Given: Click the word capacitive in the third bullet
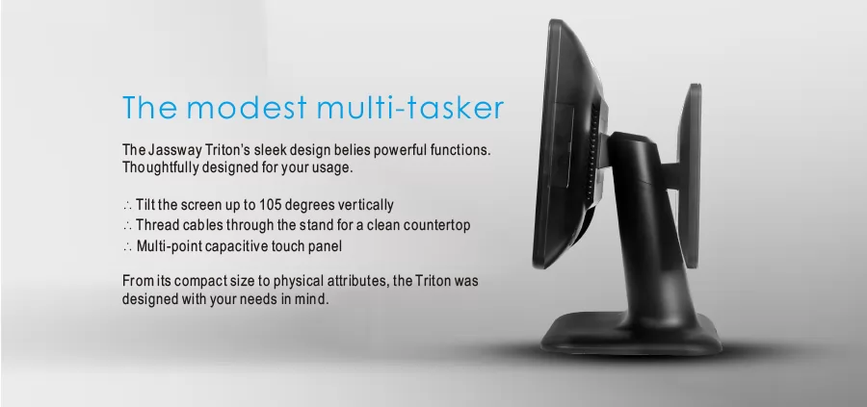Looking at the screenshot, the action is (228, 246).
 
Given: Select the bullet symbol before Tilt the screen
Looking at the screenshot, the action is (127, 206).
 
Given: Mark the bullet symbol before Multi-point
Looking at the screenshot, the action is (127, 247).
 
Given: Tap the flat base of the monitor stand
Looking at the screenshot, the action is (630, 338).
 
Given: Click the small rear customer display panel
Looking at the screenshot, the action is (689, 176).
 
